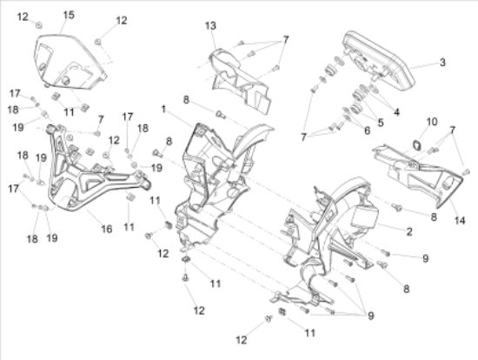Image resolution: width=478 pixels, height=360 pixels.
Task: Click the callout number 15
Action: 69,15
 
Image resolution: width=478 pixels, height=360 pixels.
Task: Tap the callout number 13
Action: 210,26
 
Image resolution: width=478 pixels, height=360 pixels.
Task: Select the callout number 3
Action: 442,63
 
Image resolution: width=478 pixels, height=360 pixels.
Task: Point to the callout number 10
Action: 432,122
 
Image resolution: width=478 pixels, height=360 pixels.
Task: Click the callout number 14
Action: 460,220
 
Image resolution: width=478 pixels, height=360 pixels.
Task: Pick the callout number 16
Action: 107,229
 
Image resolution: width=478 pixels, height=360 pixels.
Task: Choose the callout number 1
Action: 163,109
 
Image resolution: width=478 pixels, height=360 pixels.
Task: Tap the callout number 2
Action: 409,231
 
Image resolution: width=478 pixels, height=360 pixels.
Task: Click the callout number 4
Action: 396,112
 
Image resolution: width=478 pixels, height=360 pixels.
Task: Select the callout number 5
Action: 381,123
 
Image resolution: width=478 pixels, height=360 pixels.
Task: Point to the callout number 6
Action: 367,130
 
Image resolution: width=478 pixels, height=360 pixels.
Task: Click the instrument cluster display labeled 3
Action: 379,61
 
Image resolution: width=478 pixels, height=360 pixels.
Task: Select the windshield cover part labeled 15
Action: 70,63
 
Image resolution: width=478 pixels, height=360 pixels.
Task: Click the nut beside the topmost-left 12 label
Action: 39,25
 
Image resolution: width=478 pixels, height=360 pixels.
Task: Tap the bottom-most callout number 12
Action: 241,339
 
